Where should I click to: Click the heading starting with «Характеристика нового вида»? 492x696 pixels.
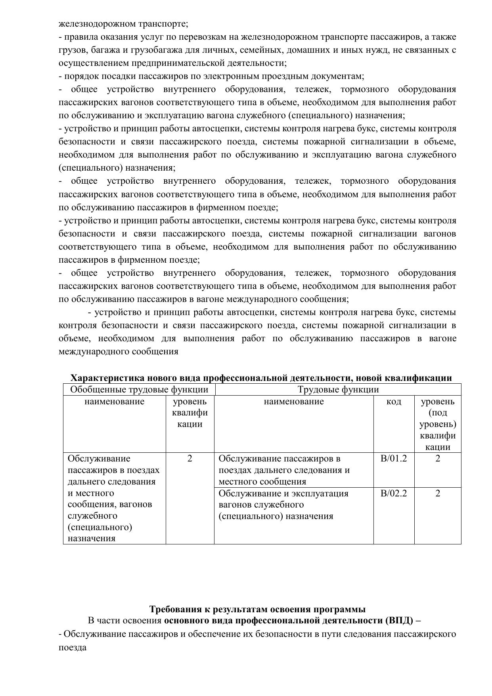(x=261, y=378)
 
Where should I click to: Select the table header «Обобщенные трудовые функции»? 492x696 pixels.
(x=139, y=390)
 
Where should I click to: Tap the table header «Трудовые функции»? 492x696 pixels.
(x=338, y=390)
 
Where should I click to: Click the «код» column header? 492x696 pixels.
(x=394, y=402)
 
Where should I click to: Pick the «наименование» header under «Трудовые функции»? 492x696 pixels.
(x=294, y=402)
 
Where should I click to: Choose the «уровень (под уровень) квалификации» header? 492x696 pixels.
(x=438, y=424)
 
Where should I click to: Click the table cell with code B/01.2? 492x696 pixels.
(x=394, y=459)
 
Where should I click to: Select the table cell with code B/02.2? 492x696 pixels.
(x=394, y=494)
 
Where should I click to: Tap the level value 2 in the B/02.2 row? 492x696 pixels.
(x=438, y=494)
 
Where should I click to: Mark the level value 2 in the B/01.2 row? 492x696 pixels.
(x=438, y=459)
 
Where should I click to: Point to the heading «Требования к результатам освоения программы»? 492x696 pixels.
(x=257, y=609)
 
